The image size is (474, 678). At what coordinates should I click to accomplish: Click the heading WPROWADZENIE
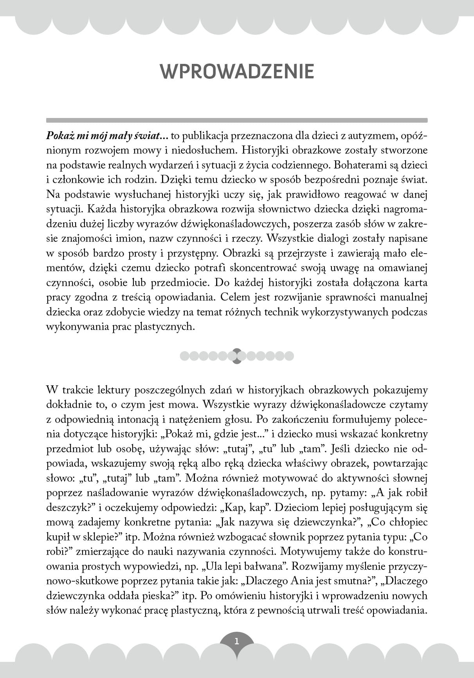(x=237, y=71)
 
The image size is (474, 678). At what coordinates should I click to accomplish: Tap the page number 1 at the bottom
(x=236, y=642)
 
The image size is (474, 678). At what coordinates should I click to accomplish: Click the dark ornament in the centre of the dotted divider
(x=236, y=356)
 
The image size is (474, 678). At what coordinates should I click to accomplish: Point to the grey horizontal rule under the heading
(x=237, y=120)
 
